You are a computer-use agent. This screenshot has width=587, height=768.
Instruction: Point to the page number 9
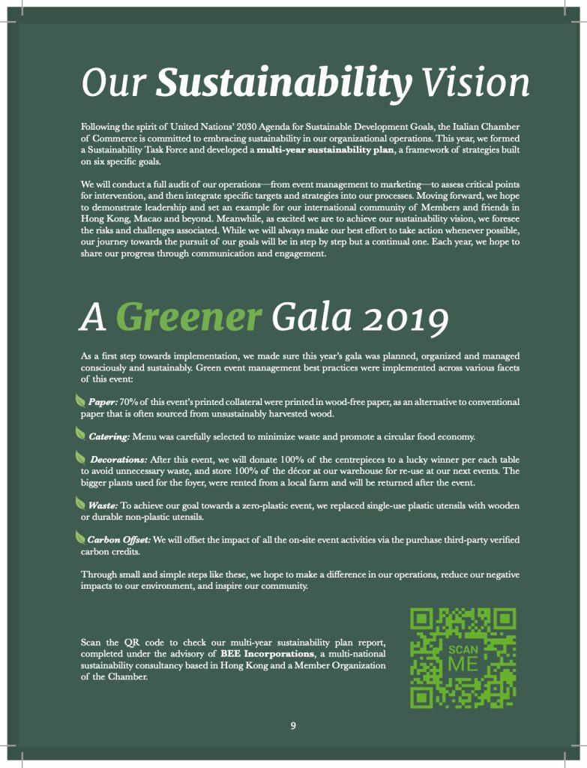point(294,725)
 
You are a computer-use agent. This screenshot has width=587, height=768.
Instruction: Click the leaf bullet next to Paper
point(80,401)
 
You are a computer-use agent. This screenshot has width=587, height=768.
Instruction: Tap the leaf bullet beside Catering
point(80,433)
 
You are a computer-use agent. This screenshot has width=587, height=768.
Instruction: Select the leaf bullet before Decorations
point(80,457)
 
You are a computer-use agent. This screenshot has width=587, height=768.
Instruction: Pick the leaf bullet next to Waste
point(80,503)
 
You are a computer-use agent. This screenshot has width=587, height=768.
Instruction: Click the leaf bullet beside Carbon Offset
point(80,538)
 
